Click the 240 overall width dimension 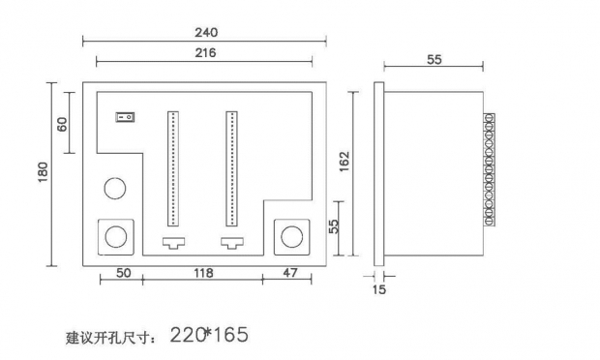[206, 32]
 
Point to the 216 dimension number [205, 52]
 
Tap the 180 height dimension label [43, 172]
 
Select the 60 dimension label [62, 124]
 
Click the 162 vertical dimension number [344, 161]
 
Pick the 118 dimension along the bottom [203, 273]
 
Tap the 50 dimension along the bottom [123, 273]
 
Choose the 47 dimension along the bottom [289, 273]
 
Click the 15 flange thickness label [378, 289]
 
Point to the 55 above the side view [434, 60]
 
